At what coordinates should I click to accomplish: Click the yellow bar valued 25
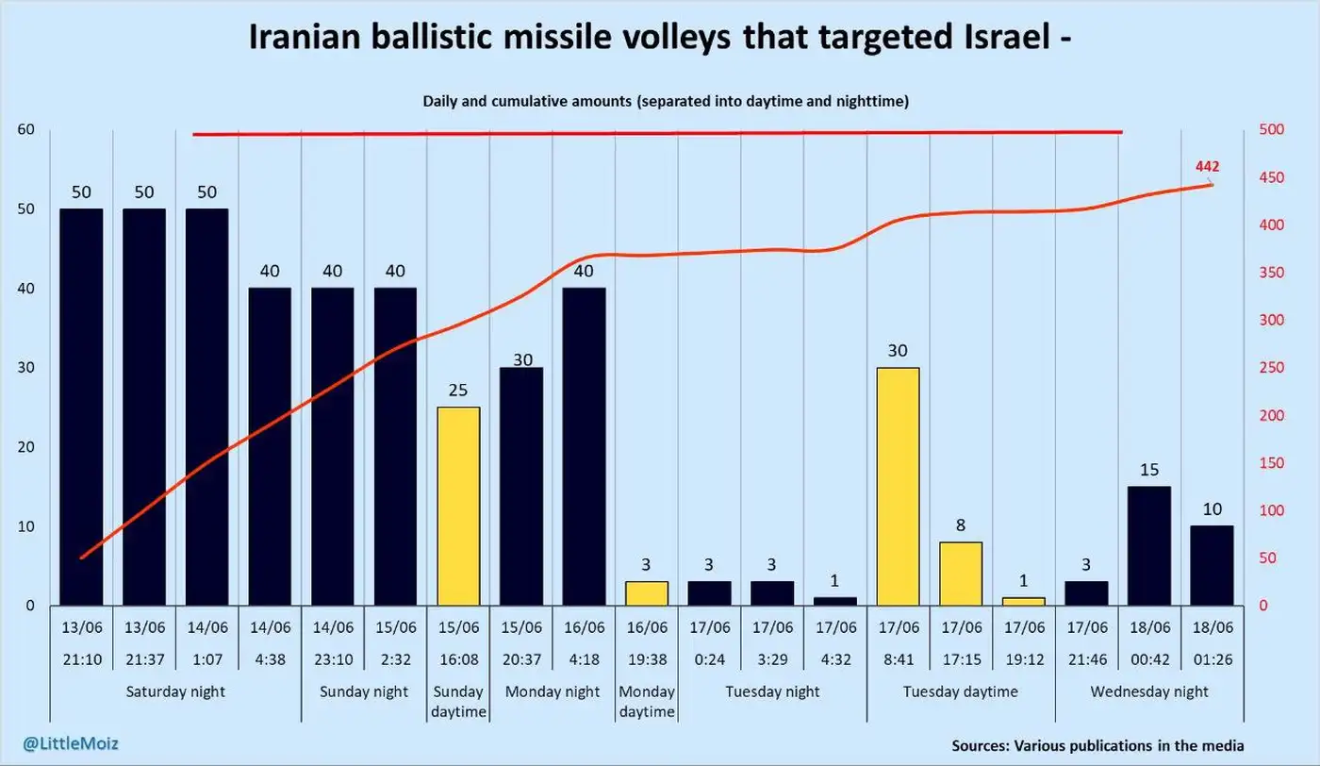click(x=458, y=506)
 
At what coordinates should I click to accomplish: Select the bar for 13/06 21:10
click(x=81, y=407)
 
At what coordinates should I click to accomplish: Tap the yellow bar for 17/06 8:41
click(x=898, y=486)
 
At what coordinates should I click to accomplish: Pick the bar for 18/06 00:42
click(x=1149, y=545)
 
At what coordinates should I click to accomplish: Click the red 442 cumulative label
click(x=1207, y=167)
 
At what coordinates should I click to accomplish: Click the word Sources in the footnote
click(x=980, y=745)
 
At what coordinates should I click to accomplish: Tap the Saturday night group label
click(x=175, y=691)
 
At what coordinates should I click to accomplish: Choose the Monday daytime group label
click(x=647, y=702)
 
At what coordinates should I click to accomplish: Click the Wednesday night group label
click(x=1149, y=691)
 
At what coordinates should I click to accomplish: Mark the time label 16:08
click(x=458, y=659)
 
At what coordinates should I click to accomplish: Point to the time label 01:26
click(x=1212, y=659)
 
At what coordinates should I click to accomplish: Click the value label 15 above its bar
click(x=1149, y=470)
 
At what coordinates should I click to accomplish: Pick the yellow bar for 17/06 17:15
click(x=961, y=574)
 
